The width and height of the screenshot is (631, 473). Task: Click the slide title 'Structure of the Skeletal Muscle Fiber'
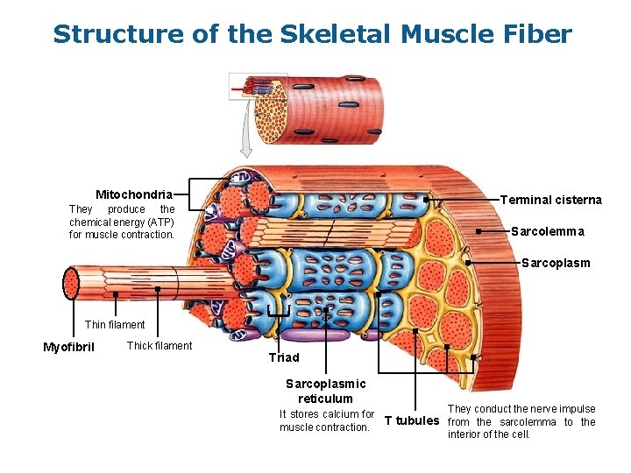tap(312, 34)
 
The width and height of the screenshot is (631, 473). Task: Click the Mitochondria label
tap(134, 194)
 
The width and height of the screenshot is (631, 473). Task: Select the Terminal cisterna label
tap(550, 200)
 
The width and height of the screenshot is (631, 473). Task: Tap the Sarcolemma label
tap(547, 231)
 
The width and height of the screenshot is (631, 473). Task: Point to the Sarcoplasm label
tap(556, 263)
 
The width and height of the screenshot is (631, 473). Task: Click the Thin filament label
tap(115, 325)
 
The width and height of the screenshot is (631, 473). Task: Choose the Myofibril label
tap(68, 347)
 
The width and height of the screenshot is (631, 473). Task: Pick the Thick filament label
tap(160, 346)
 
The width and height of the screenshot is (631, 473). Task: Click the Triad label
tap(284, 357)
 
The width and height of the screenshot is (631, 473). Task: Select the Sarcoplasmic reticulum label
tap(325, 392)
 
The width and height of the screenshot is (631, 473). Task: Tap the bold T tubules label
tap(412, 420)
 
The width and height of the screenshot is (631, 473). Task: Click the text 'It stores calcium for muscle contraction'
tap(326, 420)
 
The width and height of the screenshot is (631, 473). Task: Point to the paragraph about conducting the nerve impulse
tap(521, 421)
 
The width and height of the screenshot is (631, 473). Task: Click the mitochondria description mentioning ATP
tap(122, 222)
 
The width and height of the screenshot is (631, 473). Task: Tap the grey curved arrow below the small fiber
tap(247, 131)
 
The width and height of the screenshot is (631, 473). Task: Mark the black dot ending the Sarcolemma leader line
tap(478, 231)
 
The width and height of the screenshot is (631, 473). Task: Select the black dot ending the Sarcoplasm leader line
tap(468, 263)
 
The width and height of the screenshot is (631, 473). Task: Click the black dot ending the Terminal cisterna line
tap(426, 200)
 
